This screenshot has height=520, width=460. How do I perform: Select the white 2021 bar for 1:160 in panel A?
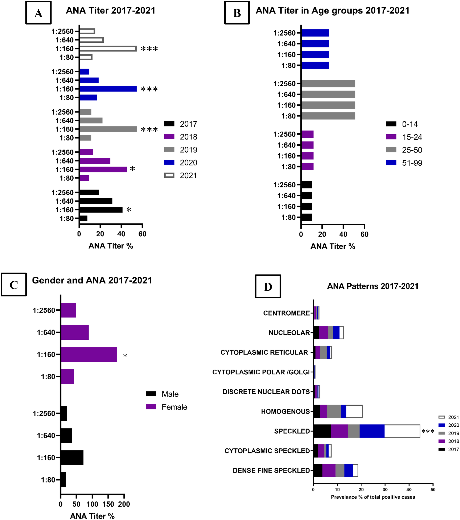pyautogui.click(x=108, y=49)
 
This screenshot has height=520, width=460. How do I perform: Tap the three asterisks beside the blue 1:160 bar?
pyautogui.click(x=149, y=89)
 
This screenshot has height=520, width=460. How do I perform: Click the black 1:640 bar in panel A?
pyautogui.click(x=96, y=201)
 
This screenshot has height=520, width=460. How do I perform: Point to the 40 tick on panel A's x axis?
pyautogui.click(x=121, y=234)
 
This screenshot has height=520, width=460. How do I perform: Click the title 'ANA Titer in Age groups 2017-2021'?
pyautogui.click(x=332, y=11)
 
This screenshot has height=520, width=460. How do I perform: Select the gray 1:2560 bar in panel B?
pyautogui.click(x=328, y=83)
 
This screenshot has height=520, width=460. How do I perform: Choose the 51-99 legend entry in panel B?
pyautogui.click(x=404, y=163)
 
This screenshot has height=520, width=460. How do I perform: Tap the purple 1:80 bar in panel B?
pyautogui.click(x=307, y=167)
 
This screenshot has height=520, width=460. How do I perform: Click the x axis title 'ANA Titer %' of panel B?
pyautogui.click(x=332, y=246)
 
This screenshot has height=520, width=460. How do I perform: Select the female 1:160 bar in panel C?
pyautogui.click(x=89, y=354)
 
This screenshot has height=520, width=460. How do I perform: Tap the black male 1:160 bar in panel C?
pyautogui.click(x=72, y=458)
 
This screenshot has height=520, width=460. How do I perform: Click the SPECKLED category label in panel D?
pyautogui.click(x=292, y=431)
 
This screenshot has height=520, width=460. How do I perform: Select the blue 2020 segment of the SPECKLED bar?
pyautogui.click(x=372, y=431)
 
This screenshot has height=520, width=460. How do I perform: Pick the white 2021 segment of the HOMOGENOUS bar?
pyautogui.click(x=354, y=411)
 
